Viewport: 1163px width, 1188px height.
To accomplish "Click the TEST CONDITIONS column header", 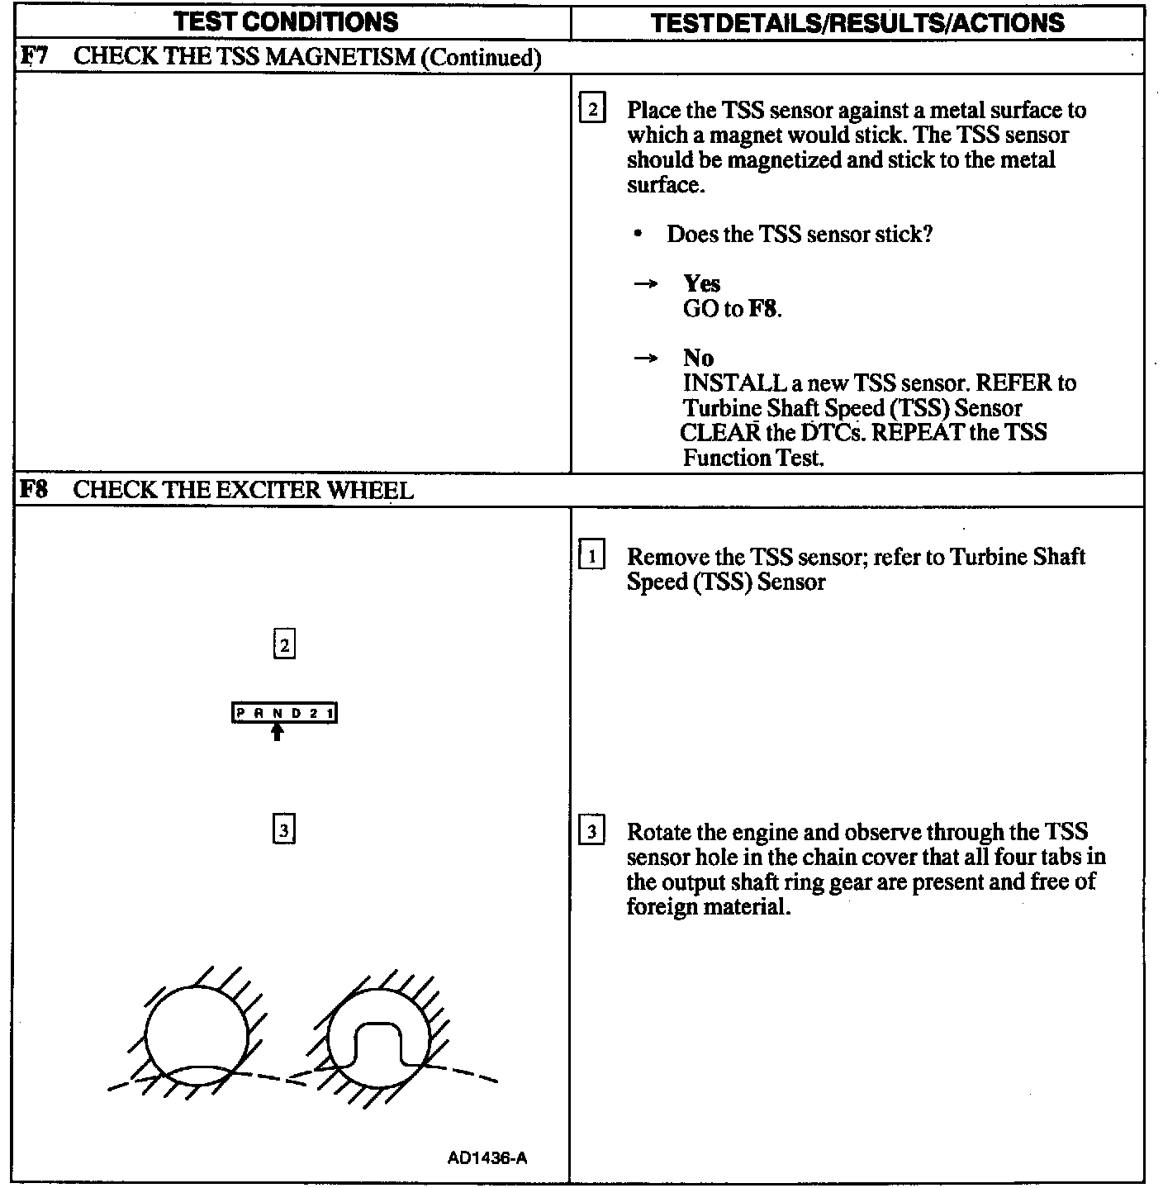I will pyautogui.click(x=286, y=21).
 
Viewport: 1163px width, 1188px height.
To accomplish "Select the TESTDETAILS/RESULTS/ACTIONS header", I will pyautogui.click(x=857, y=22).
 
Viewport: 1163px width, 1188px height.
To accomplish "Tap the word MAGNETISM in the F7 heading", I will pyautogui.click(x=339, y=57).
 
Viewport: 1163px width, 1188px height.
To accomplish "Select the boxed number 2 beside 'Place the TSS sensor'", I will pyautogui.click(x=592, y=110).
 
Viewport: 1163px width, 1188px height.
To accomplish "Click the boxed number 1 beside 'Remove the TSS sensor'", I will pyautogui.click(x=592, y=556).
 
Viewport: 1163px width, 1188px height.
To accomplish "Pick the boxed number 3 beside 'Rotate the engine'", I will pyautogui.click(x=592, y=831).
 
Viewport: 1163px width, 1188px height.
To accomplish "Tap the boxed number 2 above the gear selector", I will pyautogui.click(x=284, y=644).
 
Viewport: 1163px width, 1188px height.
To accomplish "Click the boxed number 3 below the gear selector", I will pyautogui.click(x=284, y=829).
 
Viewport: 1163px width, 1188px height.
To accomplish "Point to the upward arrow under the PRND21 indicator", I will pyautogui.click(x=278, y=732).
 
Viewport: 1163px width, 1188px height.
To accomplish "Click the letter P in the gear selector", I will pyautogui.click(x=240, y=713).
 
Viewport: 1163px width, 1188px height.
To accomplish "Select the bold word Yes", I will pyautogui.click(x=701, y=283).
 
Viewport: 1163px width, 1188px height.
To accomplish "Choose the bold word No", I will pyautogui.click(x=698, y=358).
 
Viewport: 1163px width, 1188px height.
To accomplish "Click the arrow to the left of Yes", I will pyautogui.click(x=645, y=284).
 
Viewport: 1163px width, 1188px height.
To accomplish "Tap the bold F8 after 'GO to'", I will pyautogui.click(x=762, y=309).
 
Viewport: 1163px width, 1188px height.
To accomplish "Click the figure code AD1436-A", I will pyautogui.click(x=487, y=1157).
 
